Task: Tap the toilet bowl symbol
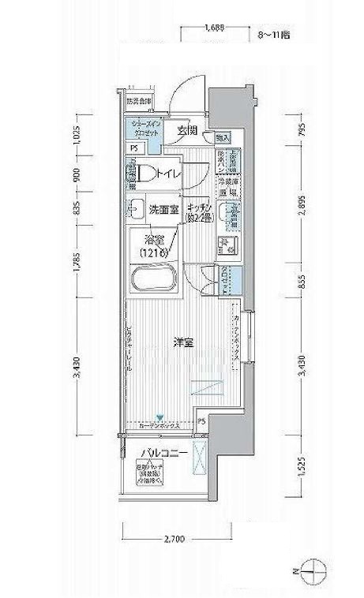coord(143,174)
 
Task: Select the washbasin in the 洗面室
coord(131,210)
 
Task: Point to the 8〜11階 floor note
coord(273,36)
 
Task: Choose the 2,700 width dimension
coord(174,540)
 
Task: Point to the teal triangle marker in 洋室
coord(160,418)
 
